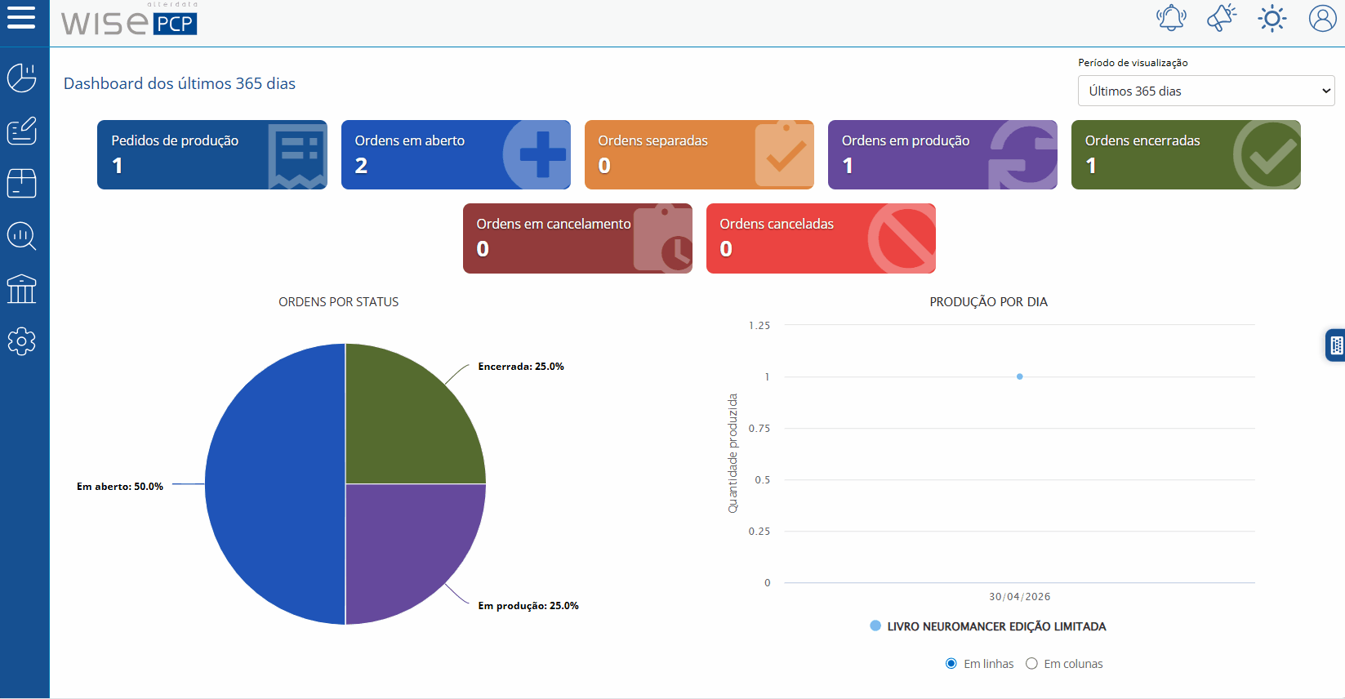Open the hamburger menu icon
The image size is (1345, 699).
pos(21,17)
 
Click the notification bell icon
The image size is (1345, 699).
pos(1171,18)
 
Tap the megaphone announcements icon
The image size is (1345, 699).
pos(1222,18)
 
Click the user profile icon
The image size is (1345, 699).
pos(1322,19)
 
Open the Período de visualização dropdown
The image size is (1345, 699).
pos(1205,91)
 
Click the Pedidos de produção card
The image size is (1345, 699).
pos(212,154)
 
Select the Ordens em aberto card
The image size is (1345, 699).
pos(456,154)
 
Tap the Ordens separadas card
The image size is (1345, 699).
pos(699,154)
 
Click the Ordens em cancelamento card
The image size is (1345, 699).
pos(577,238)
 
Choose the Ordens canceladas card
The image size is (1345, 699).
pos(821,238)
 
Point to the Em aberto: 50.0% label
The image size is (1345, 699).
pos(120,487)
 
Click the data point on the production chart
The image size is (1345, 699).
pos(1019,376)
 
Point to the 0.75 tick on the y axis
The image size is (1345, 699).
pos(759,428)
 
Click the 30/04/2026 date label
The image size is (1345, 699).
pos(1019,596)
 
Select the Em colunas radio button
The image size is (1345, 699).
pos(1031,664)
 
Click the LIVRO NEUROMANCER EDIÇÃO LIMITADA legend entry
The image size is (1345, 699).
pos(988,626)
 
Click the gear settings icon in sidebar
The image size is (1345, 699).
pos(21,341)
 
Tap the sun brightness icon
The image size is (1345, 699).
pos(1272,19)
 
